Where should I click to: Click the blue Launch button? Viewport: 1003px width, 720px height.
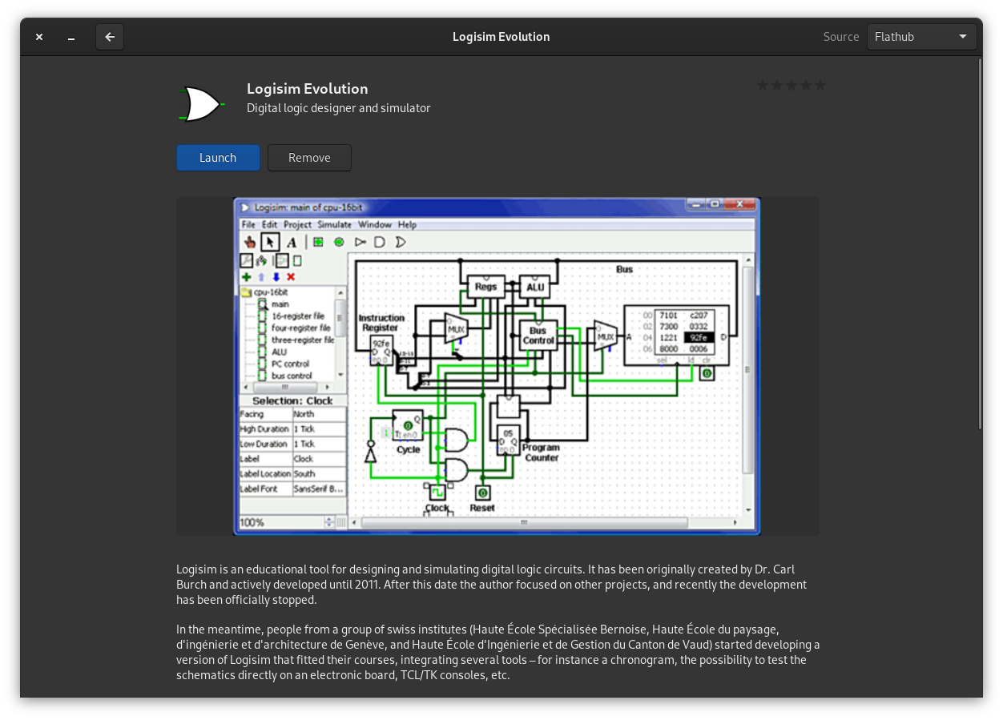pos(218,158)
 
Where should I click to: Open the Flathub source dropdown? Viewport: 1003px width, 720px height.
pos(921,37)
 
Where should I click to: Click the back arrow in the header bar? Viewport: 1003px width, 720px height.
pos(110,37)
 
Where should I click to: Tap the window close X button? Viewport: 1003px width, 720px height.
pos(39,37)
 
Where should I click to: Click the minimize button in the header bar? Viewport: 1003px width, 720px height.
pos(71,37)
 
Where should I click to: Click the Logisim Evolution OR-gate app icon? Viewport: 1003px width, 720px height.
pos(200,104)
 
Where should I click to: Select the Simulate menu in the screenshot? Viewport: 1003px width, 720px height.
pos(334,224)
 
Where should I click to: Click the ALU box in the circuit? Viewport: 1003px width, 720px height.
pos(535,287)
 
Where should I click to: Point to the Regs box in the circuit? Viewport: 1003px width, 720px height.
pos(485,286)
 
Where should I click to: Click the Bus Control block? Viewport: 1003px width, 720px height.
pos(538,336)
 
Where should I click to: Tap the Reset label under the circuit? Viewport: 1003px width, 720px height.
pos(482,508)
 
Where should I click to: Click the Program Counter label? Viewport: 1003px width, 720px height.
pos(542,453)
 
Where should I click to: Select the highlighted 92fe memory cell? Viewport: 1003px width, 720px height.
pos(698,338)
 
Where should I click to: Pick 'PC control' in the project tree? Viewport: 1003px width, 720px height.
pos(290,364)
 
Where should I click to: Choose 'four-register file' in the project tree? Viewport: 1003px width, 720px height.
pos(300,328)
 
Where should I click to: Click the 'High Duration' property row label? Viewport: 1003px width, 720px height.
pos(264,429)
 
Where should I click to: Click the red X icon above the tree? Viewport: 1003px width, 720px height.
pos(291,277)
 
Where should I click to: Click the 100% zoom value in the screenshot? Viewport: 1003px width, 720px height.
pos(252,522)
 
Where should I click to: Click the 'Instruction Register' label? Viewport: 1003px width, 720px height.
pos(381,323)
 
